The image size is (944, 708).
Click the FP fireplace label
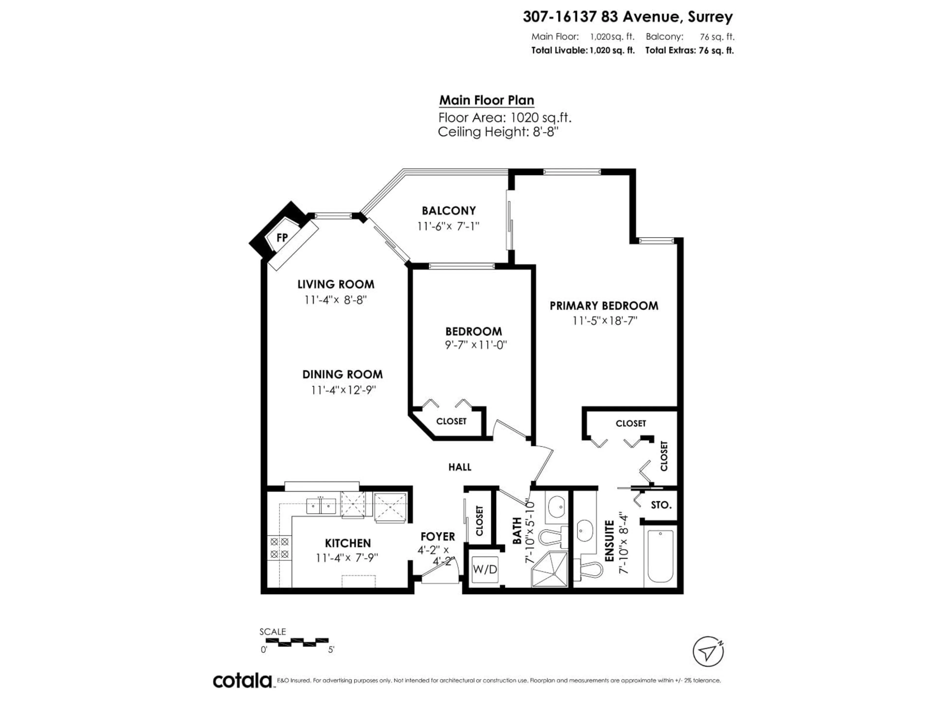[282, 238]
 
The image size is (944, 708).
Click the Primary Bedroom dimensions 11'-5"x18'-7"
[605, 321]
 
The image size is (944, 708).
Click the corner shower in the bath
[550, 569]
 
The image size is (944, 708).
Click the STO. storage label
[661, 505]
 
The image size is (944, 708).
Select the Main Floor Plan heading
[487, 100]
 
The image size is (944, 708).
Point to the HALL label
[460, 467]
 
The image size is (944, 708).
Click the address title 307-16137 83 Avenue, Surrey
[627, 17]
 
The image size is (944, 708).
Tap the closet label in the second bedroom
[451, 421]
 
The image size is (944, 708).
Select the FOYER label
[437, 536]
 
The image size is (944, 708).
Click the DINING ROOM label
[342, 374]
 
